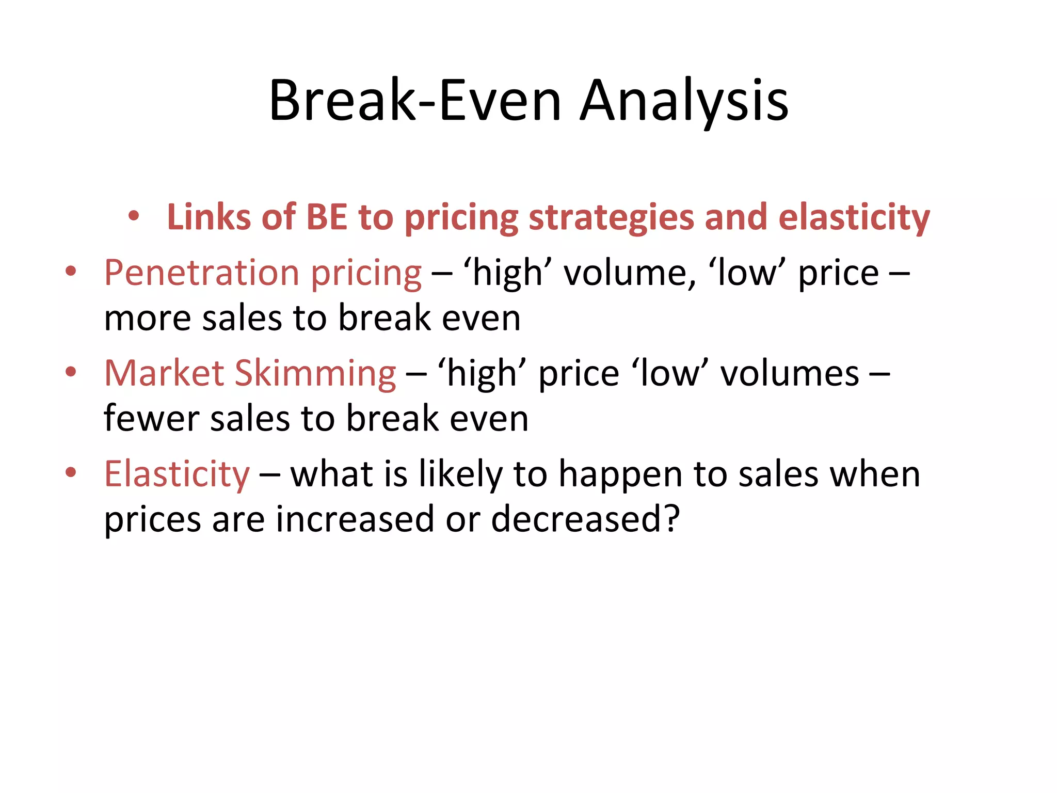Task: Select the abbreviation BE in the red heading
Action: click(x=326, y=217)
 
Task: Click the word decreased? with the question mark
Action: click(x=586, y=519)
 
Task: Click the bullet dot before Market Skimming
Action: click(x=71, y=371)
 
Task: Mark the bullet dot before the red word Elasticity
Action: click(x=71, y=472)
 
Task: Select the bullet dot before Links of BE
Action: click(x=134, y=216)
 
